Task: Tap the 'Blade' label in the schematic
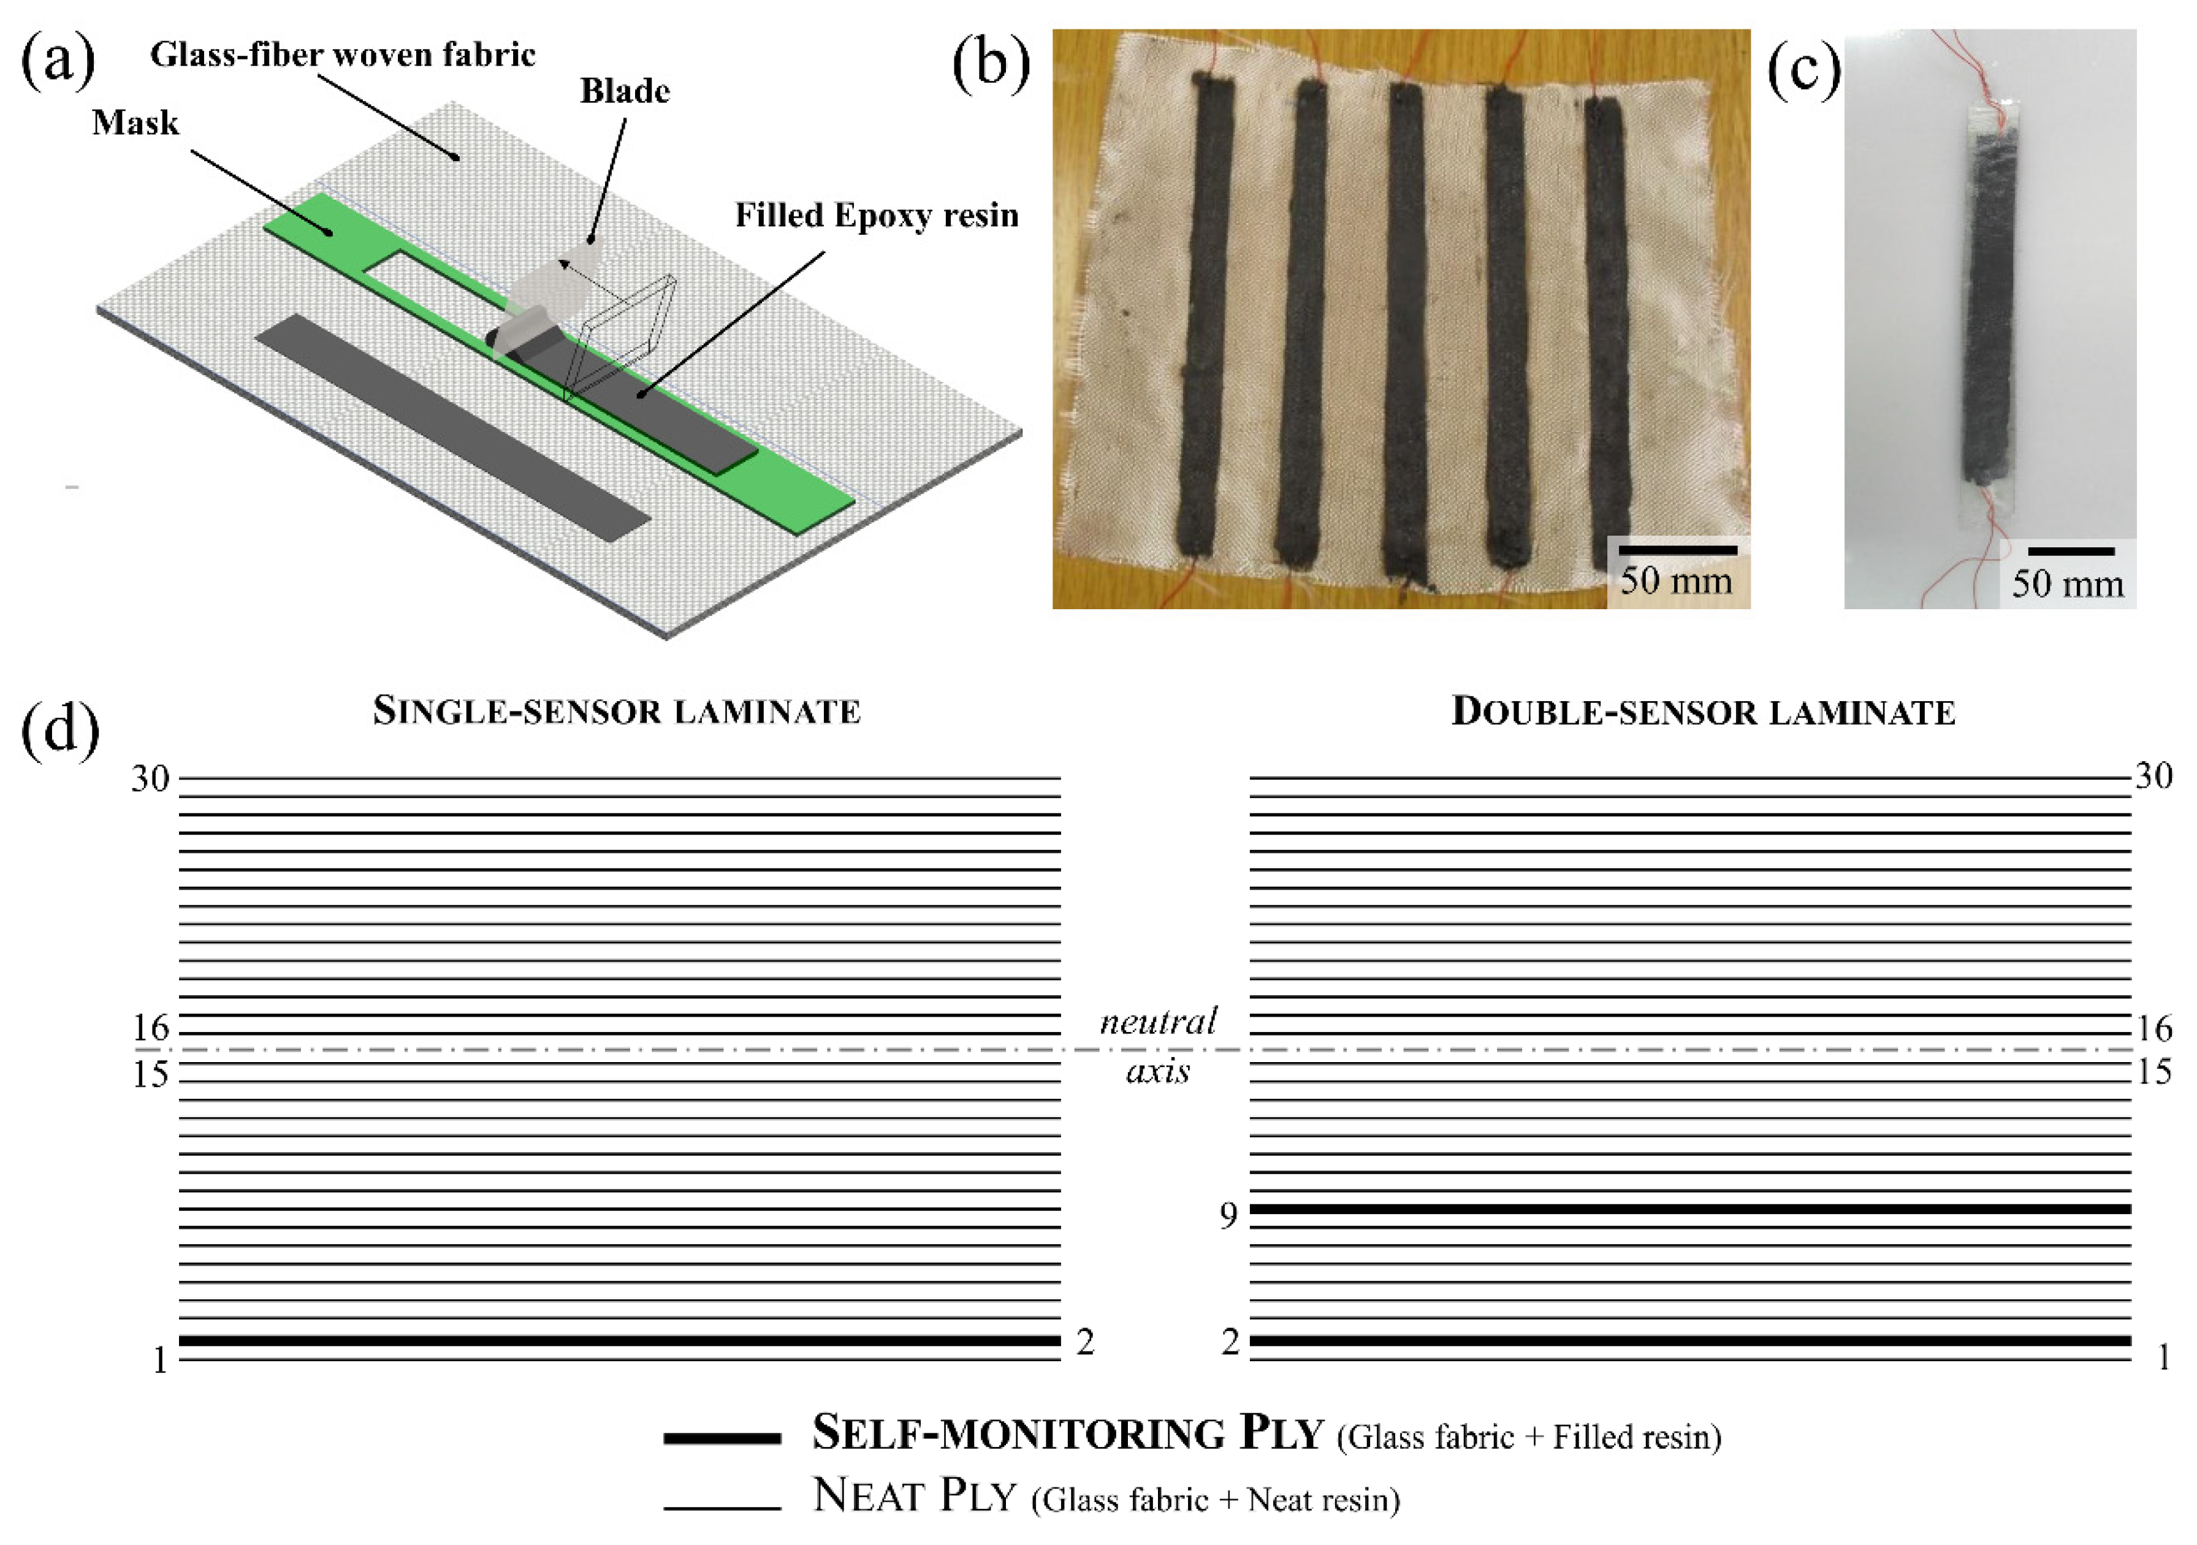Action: click(x=625, y=92)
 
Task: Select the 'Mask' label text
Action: click(x=135, y=123)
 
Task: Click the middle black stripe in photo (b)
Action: click(x=1409, y=325)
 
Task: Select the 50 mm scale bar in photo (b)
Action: click(x=1677, y=550)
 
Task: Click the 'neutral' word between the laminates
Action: click(x=1158, y=1022)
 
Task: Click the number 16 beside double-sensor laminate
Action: click(x=2154, y=1028)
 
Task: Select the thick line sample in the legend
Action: click(x=723, y=1437)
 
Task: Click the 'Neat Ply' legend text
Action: click(x=914, y=1495)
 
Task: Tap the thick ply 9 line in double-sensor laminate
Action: click(x=1690, y=1209)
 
